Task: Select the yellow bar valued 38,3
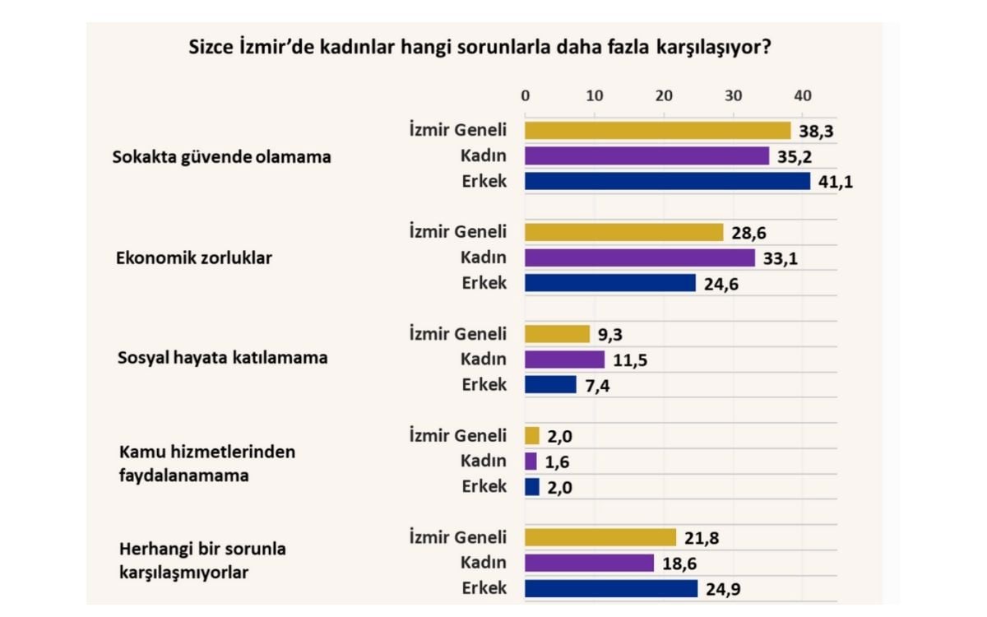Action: (x=656, y=130)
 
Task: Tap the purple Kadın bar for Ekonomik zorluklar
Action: (x=639, y=257)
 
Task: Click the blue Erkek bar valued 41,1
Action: (x=666, y=181)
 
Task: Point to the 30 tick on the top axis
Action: (x=733, y=95)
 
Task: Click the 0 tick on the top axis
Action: (x=526, y=95)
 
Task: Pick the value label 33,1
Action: (x=781, y=258)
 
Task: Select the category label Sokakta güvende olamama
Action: (x=221, y=156)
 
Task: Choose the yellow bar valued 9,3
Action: (x=557, y=334)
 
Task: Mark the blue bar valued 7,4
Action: (x=550, y=384)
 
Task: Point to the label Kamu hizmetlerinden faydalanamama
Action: (x=206, y=463)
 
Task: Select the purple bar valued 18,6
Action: (x=589, y=563)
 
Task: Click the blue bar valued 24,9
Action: (x=610, y=588)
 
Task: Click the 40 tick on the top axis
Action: (x=802, y=95)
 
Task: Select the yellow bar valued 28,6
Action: (x=623, y=232)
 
